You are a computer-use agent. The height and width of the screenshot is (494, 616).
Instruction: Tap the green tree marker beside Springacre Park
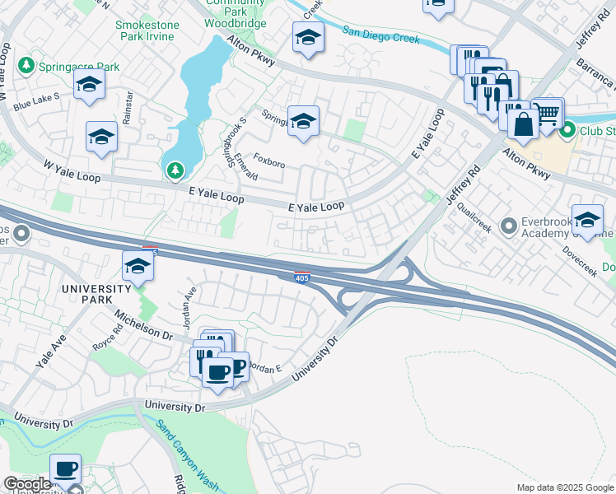(26, 64)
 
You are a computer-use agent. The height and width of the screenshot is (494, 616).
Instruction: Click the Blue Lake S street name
(36, 101)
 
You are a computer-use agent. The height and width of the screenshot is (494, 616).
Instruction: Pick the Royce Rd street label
(107, 341)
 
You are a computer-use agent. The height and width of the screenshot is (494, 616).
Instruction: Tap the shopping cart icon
(547, 111)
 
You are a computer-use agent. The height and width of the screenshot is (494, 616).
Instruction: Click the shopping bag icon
(522, 124)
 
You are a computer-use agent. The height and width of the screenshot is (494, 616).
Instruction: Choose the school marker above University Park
(138, 265)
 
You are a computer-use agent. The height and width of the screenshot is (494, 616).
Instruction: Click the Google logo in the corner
(27, 484)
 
